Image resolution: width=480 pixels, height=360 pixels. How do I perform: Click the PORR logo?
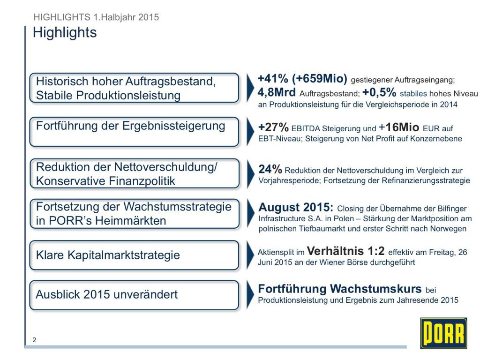443,333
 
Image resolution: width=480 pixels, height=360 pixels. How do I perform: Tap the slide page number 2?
34,340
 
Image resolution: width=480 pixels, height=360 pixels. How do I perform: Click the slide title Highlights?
65,33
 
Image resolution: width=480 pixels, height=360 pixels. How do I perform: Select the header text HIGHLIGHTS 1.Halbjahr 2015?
97,17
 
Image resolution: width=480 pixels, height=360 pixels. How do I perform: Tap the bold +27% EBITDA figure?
273,128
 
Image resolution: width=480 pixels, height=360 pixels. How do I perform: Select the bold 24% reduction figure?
270,169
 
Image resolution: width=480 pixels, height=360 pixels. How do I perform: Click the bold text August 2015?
296,208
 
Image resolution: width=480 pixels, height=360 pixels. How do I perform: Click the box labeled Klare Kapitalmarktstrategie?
134,255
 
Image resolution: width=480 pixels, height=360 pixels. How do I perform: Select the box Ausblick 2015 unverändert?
134,295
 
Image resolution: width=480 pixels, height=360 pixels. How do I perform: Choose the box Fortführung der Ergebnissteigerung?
134,132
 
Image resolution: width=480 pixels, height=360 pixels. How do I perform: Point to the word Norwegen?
449,229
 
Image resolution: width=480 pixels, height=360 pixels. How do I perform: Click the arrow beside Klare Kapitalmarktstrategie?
249,255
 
